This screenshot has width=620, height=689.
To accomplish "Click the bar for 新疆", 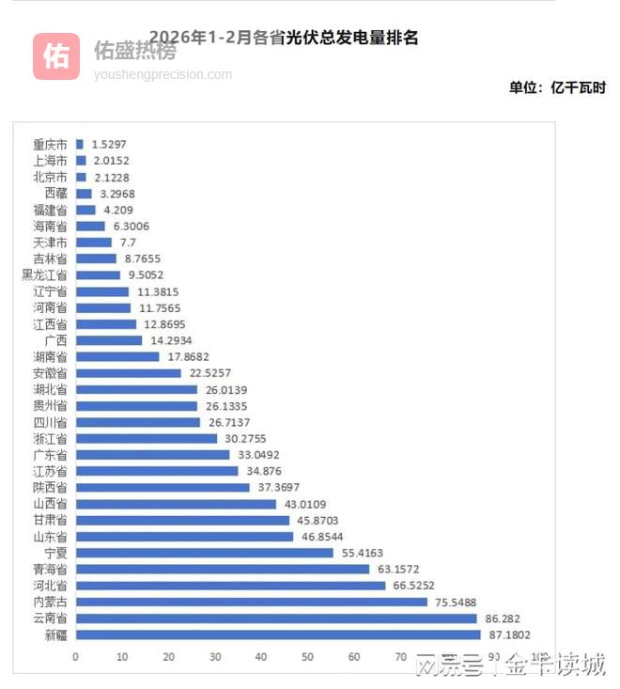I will point(278,634).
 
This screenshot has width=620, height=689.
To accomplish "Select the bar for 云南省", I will point(276,618).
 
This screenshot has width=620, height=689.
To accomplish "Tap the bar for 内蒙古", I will point(251,602).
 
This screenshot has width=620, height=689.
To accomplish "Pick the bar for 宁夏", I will point(204,553).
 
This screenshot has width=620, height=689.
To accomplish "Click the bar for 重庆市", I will point(79,145).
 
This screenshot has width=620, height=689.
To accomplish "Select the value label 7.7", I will point(128,243).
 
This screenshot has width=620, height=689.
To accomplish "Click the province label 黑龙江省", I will point(44,275).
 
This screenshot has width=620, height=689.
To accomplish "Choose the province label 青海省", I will point(50,569).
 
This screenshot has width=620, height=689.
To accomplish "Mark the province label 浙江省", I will point(50,439).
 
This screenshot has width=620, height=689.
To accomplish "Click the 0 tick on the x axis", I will point(75,656).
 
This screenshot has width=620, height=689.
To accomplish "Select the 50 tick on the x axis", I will point(308,656).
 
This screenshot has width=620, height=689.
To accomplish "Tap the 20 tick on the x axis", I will point(168,656).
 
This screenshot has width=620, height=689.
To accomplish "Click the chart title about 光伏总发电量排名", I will point(283,38).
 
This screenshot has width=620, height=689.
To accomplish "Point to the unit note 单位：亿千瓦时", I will point(557,87).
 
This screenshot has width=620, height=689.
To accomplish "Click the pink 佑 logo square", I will point(56,56).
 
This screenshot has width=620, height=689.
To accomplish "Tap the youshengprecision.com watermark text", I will point(163,74).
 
